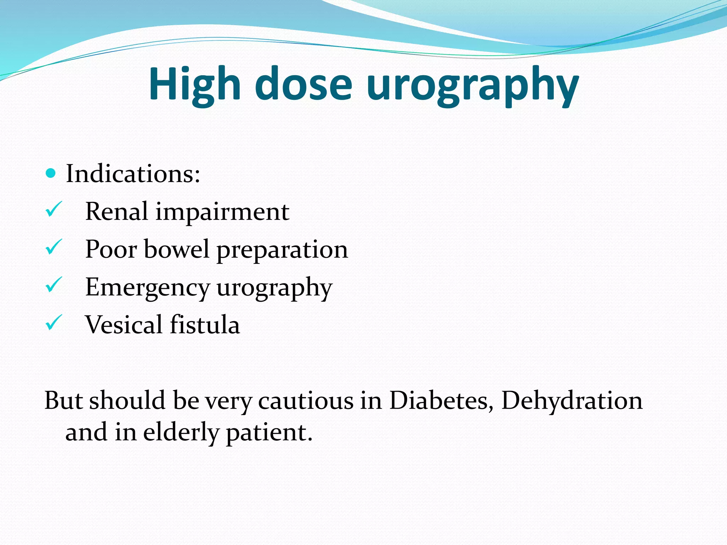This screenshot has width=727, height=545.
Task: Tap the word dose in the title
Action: (304, 84)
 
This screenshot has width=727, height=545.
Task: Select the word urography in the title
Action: (472, 86)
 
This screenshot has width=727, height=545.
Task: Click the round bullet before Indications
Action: (51, 174)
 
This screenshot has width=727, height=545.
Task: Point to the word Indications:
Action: (133, 174)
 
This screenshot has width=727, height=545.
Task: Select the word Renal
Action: (116, 211)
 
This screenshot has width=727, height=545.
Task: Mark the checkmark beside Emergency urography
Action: (54, 285)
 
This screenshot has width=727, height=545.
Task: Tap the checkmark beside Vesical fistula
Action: (54, 323)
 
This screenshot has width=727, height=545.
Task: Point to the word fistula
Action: (205, 325)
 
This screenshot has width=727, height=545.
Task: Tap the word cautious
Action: (306, 401)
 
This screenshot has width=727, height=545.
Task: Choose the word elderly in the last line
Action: (181, 433)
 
